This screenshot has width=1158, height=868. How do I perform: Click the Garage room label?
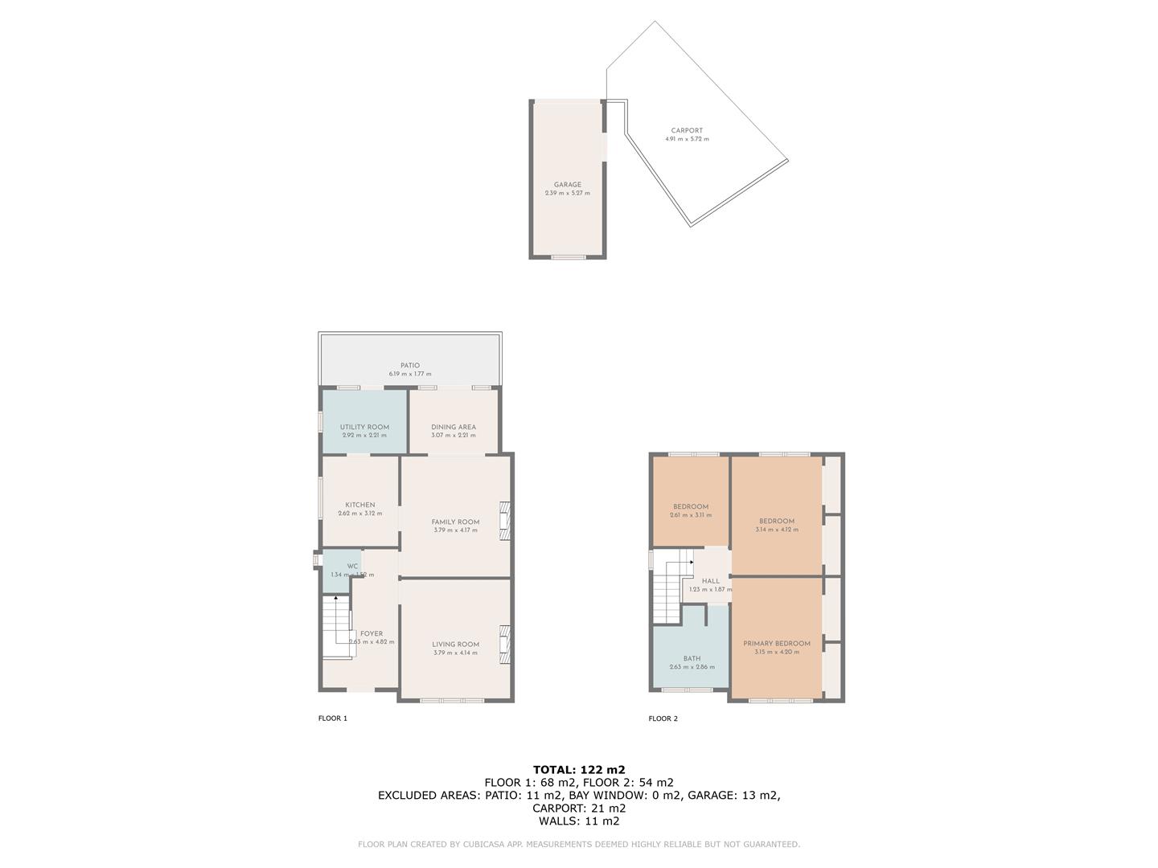pos(567,185)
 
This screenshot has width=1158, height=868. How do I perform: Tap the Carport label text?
pos(687,130)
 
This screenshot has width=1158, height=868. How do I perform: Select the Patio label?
pos(410,366)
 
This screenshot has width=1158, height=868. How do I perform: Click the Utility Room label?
pos(364,427)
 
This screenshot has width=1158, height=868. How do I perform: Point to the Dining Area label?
pos(454,427)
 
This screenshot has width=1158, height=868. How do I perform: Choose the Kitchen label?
pos(360,505)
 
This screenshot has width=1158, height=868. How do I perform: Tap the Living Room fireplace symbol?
pos(504,645)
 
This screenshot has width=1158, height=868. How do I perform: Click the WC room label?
pos(352,566)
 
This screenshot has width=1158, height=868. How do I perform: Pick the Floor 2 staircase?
pos(667,591)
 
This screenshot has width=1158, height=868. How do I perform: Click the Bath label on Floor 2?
pos(692,658)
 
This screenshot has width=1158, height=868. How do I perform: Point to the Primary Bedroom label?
pos(777,644)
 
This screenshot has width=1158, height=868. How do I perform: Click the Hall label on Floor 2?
pos(711,581)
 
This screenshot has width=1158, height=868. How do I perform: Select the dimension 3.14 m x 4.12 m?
pos(777,530)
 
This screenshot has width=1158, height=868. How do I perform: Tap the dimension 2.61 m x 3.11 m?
pos(691,515)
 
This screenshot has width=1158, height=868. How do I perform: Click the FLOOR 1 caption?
pos(333,719)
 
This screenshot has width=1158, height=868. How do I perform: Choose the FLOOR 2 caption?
pos(663,719)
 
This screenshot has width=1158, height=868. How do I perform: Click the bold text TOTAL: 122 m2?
pos(579,769)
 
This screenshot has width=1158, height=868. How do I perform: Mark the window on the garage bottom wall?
pos(568,257)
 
